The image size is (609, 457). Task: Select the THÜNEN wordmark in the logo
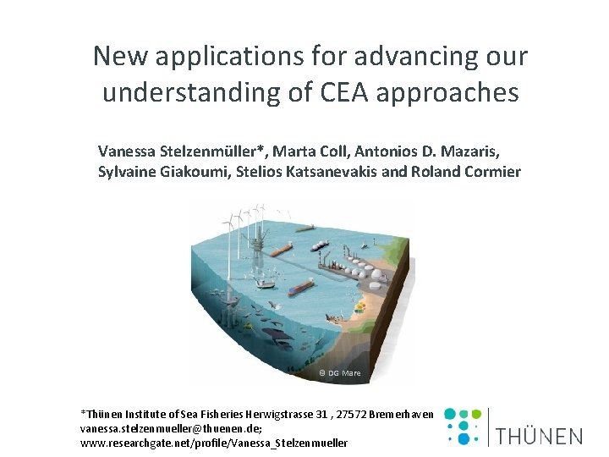click(539, 437)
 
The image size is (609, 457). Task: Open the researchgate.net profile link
click(213, 443)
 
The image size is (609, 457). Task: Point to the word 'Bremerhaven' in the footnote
click(403, 415)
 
